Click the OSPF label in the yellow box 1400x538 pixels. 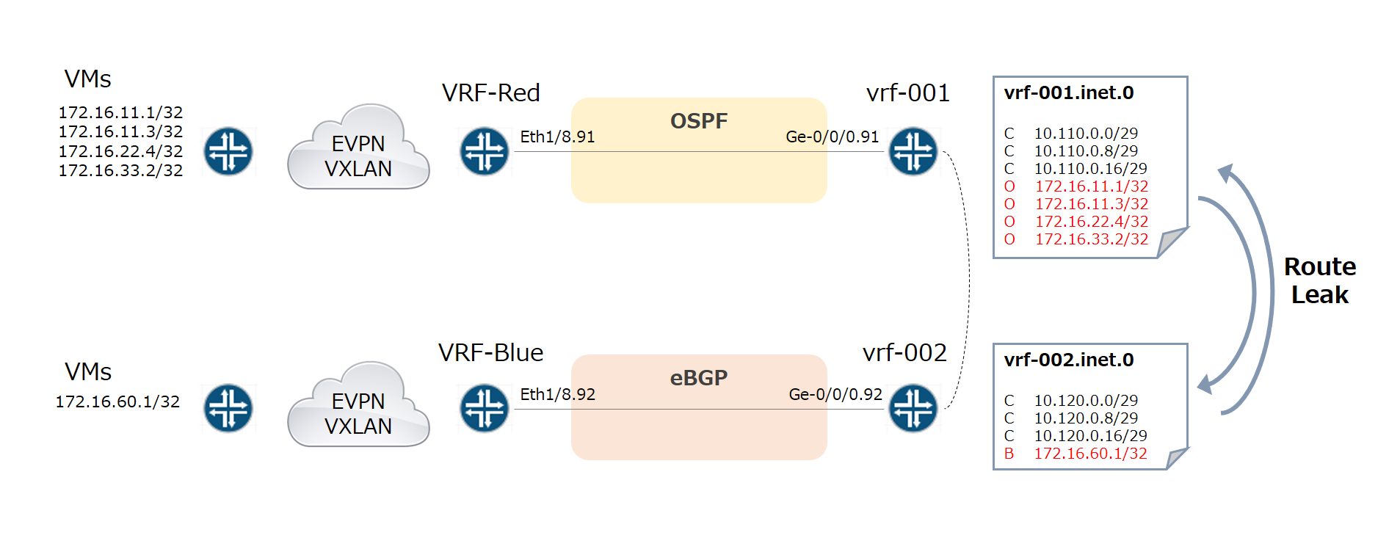698,121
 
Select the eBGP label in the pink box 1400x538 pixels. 698,378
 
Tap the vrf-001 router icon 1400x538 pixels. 913,152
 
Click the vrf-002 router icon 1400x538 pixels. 913,408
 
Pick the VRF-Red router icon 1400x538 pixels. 485,152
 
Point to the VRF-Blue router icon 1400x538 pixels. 485,408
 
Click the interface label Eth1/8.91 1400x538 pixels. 557,137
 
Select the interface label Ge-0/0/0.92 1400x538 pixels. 835,394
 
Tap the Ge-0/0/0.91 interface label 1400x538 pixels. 832,137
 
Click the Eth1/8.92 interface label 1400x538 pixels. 557,394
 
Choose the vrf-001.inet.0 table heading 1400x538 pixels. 1068,93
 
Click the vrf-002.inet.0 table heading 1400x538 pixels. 1068,360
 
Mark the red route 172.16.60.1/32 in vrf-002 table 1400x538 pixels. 1090,454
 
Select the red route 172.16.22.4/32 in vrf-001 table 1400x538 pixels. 1091,222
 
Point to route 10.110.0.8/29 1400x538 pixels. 1086,151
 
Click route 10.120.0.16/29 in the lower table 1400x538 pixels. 1090,436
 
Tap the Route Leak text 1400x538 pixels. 1319,280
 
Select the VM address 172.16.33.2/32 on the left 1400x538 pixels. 120,170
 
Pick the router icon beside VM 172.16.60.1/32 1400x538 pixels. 228,408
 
